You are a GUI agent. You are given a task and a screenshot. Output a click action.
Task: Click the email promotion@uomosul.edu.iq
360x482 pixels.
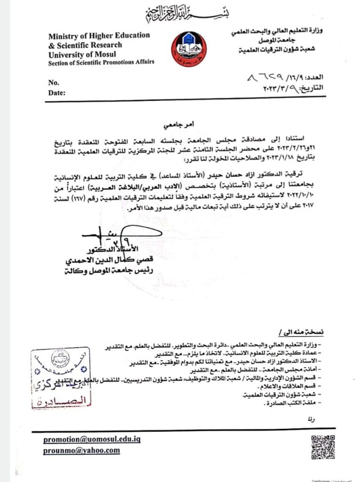[x=92, y=439]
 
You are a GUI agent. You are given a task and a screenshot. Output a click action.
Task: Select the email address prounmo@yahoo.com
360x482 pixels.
[x=81, y=450]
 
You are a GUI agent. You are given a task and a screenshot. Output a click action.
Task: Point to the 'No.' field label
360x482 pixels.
[x=54, y=83]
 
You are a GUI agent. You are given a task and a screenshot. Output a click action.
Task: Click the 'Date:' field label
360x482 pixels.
[x=56, y=93]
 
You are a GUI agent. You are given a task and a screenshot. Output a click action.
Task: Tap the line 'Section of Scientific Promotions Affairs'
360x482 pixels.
[x=101, y=63]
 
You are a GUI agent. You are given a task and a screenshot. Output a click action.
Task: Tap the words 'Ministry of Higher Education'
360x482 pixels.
[x=99, y=36]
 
